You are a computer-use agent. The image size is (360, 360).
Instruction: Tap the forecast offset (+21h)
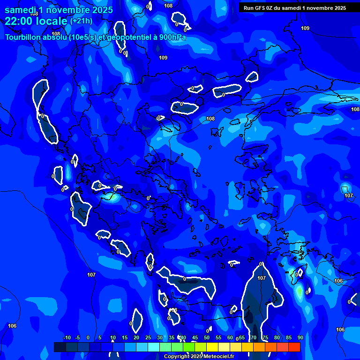[81, 21]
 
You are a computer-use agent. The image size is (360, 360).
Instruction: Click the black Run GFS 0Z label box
[295, 7]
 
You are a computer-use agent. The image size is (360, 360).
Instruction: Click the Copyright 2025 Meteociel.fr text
[199, 357]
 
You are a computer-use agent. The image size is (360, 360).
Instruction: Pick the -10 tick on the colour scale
[67, 337]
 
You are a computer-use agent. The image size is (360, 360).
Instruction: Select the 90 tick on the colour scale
[300, 337]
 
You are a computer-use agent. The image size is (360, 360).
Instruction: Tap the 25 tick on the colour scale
[148, 337]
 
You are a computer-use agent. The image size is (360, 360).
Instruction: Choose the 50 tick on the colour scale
[207, 337]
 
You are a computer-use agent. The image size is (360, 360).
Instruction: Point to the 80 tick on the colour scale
[277, 337]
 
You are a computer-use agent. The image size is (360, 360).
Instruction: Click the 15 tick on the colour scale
[125, 337]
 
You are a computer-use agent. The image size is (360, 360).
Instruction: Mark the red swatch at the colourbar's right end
[294, 347]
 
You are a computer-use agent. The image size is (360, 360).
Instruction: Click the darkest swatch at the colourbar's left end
[60, 347]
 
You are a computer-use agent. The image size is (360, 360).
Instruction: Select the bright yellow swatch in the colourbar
[212, 347]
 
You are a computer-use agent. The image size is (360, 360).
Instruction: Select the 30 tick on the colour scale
[160, 337]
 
